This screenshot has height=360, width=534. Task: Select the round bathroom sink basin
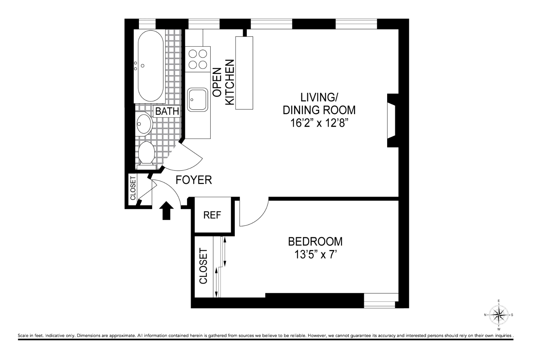pyautogui.click(x=144, y=124)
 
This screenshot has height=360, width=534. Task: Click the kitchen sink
pyautogui.click(x=198, y=100)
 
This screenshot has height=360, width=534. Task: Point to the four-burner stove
pyautogui.click(x=198, y=59)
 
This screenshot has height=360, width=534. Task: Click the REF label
pyautogui.click(x=212, y=215)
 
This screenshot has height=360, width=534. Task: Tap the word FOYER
pyautogui.click(x=194, y=180)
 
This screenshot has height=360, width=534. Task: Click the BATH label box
pyautogui.click(x=167, y=111)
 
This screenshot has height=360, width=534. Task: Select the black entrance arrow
pyautogui.click(x=166, y=211)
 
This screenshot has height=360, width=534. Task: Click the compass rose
pyautogui.click(x=499, y=315)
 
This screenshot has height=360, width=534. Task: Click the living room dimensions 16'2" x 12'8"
pyautogui.click(x=319, y=123)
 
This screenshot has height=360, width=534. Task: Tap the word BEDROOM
pyautogui.click(x=315, y=242)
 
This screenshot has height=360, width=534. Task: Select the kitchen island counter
pyautogui.click(x=244, y=73)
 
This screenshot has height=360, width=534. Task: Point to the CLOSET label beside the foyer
pyautogui.click(x=133, y=188)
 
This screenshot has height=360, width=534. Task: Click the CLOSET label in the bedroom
pyautogui.click(x=203, y=266)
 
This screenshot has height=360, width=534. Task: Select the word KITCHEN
pyautogui.click(x=230, y=82)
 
